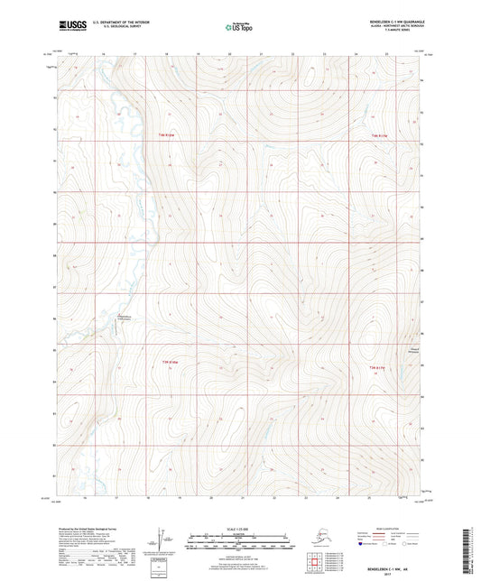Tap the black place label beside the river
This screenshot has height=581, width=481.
[125, 317]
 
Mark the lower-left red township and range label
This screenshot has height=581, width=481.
[169, 363]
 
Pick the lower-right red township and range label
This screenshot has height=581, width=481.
[380, 366]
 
